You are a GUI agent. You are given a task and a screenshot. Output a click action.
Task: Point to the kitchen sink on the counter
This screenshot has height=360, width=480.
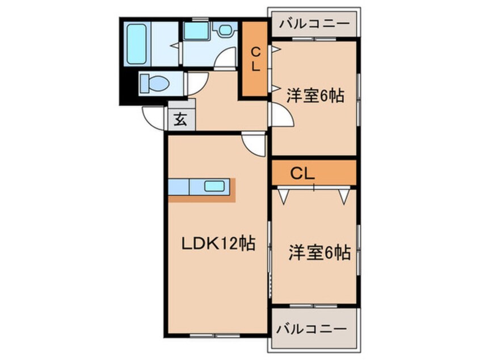click(214, 186)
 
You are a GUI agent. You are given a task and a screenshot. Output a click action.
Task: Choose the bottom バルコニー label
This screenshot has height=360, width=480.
click(313, 329)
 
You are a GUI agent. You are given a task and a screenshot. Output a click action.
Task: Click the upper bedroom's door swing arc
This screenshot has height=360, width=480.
click(282, 118)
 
